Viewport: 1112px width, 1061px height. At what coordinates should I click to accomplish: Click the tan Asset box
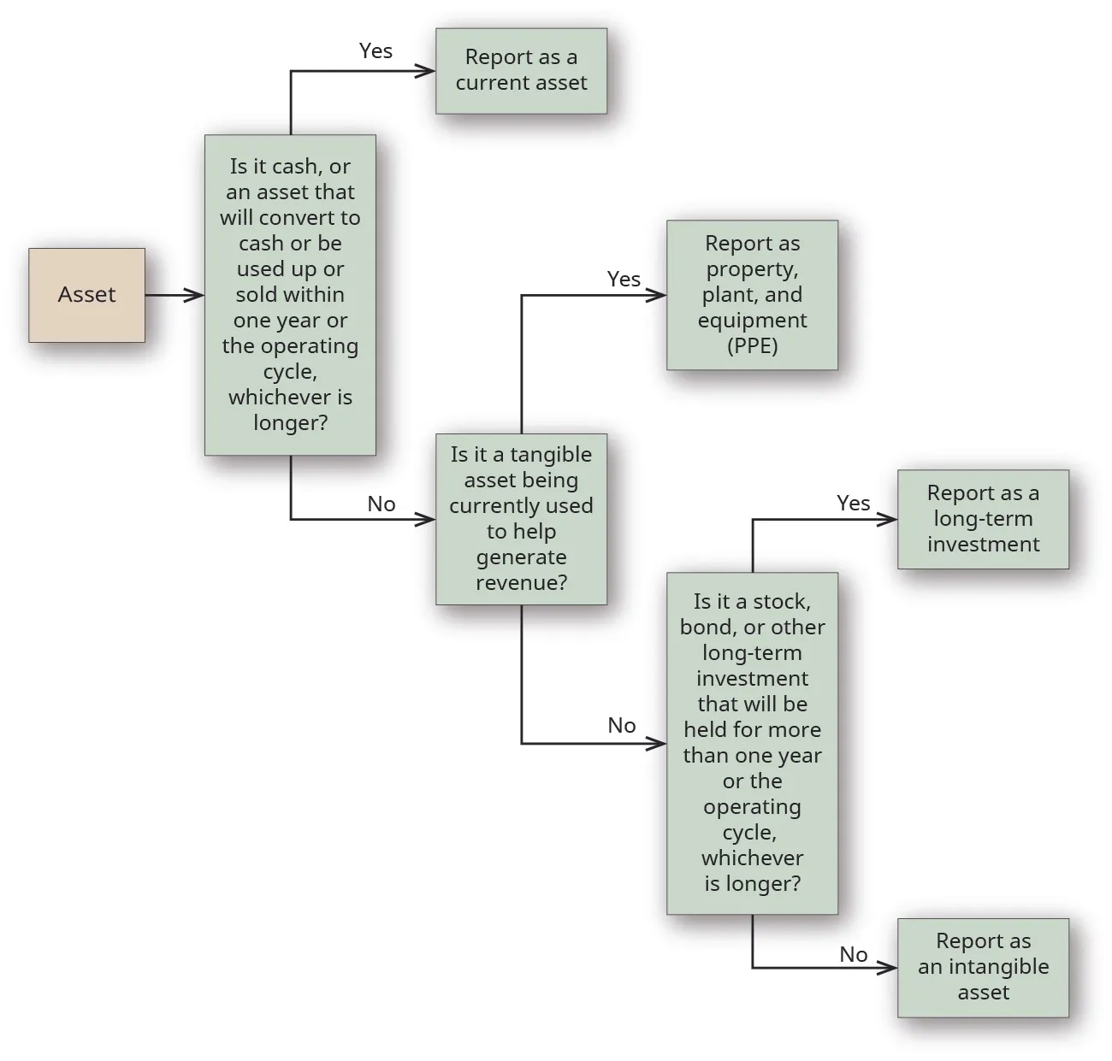86,295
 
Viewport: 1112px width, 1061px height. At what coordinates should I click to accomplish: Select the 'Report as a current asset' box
521,71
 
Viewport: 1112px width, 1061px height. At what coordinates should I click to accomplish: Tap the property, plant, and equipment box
752,295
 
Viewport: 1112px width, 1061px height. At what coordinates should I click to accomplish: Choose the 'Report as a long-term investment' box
983,519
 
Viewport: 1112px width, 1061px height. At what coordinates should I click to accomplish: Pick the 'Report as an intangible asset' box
983,968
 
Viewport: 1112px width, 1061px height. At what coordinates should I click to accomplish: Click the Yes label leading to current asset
376,51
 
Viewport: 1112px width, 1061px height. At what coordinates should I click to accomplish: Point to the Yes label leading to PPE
624,280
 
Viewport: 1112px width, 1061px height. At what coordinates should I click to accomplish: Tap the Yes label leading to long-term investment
853,504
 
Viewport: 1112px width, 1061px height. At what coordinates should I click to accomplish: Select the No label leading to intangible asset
853,954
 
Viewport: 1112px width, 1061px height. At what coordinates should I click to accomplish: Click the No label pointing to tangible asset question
382,504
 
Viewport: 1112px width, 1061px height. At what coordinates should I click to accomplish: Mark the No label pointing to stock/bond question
622,726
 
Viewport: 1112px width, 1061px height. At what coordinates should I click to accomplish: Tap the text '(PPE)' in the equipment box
752,346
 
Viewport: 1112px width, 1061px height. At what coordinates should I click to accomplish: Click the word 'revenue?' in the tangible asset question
521,583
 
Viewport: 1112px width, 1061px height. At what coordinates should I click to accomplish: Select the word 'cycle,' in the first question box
290,373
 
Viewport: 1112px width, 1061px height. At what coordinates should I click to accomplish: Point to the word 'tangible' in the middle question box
551,455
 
